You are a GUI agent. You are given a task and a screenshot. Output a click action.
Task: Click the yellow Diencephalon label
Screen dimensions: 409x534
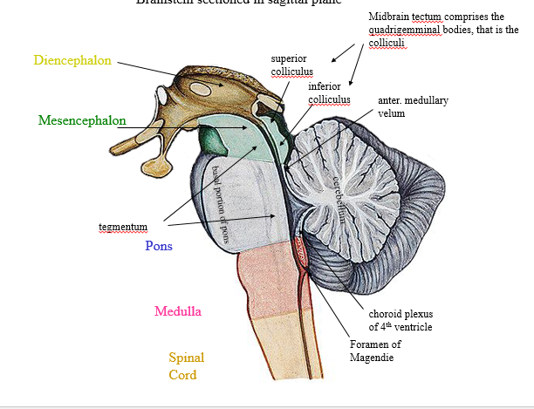click(x=72, y=60)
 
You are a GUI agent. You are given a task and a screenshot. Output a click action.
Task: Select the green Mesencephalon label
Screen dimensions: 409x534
click(x=82, y=120)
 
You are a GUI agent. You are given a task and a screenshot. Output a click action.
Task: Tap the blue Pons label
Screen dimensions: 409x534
click(x=159, y=246)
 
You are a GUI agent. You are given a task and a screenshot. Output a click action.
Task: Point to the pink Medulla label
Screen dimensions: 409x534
click(x=177, y=311)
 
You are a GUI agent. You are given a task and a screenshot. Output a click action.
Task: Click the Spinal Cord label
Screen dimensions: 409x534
click(x=185, y=366)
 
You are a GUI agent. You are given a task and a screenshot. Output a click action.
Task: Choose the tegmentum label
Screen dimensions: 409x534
click(x=122, y=227)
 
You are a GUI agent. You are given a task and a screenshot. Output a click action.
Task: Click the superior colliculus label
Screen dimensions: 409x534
click(x=291, y=65)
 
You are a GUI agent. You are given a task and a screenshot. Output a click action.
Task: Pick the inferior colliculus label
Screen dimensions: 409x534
click(x=329, y=93)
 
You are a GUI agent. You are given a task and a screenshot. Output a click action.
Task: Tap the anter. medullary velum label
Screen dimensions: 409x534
click(x=412, y=106)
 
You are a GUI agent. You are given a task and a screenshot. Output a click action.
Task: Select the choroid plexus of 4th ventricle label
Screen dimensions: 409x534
click(x=400, y=320)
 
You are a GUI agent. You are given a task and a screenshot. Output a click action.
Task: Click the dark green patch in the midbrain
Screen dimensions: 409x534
click(x=211, y=138)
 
